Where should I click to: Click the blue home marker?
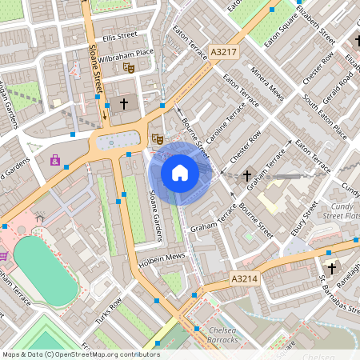pos(180,172)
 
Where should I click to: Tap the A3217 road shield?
pos(223,52)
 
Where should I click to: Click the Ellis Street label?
pos(120,36)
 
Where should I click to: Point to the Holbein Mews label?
pos(163,256)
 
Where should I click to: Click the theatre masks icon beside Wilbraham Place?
pos(129,68)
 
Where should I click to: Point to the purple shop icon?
pos(55,160)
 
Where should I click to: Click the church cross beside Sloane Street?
pos(124,104)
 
